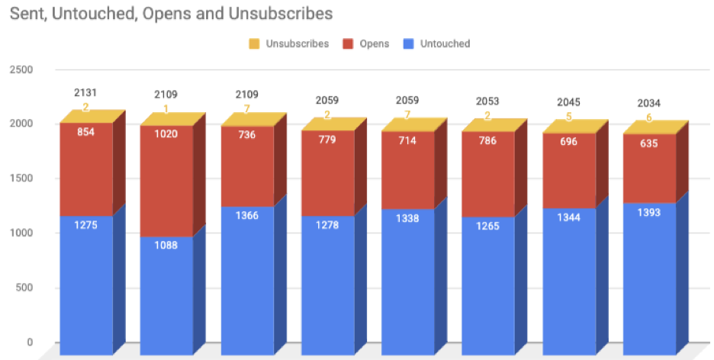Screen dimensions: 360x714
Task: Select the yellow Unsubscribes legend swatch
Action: point(255,43)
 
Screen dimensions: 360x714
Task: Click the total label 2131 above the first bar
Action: point(85,93)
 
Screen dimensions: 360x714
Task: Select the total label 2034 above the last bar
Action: point(650,103)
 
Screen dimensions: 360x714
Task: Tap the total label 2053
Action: point(488,101)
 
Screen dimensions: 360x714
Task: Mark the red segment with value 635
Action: point(650,168)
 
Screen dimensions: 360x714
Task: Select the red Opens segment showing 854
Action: point(85,168)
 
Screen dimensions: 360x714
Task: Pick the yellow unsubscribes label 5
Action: point(569,117)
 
